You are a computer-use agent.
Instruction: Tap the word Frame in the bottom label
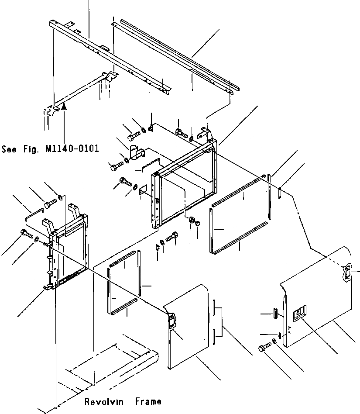tap(148, 401)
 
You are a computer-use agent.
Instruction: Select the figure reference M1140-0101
tap(72, 149)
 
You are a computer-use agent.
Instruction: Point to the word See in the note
tap(9, 149)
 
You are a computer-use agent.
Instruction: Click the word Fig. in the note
tap(31, 149)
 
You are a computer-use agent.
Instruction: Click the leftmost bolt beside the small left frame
tap(25, 235)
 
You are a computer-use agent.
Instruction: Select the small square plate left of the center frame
tap(142, 189)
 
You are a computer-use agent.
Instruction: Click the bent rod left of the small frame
tap(32, 214)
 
